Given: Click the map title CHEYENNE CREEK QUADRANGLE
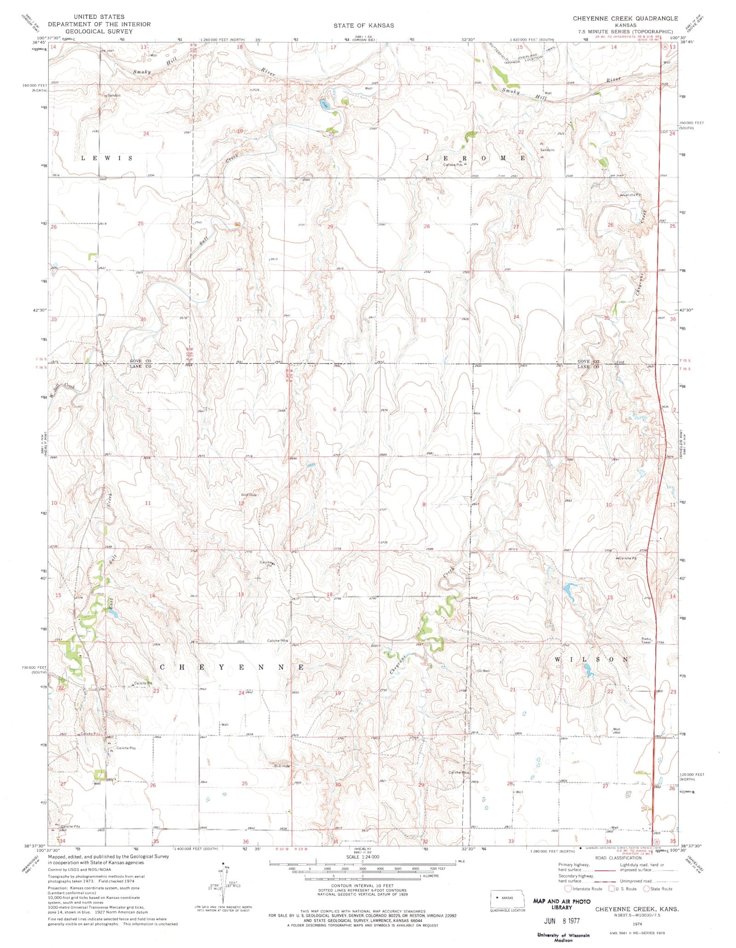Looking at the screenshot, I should click(625, 18).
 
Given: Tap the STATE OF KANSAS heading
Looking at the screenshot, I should click(363, 25).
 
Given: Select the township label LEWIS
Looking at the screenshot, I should click(107, 158).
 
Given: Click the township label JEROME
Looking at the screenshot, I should click(476, 158).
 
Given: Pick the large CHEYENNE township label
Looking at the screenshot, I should click(232, 666).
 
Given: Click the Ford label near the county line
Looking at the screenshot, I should click(620, 362).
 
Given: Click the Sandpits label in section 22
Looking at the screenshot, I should click(547, 150).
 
